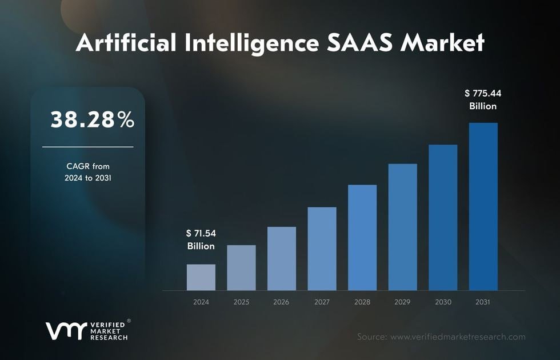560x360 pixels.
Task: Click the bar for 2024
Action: coord(201,277)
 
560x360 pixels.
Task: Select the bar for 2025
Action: coord(241,267)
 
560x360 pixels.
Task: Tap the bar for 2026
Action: coord(282,258)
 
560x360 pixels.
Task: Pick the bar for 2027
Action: coord(322,249)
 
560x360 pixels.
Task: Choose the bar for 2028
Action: coord(362,237)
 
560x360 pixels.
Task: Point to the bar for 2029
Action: coord(402,227)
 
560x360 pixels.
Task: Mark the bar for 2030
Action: coord(443,217)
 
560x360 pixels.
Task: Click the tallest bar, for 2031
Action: coord(483,206)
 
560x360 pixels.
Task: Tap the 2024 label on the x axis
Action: coord(201,302)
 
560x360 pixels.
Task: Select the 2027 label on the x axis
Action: coord(322,302)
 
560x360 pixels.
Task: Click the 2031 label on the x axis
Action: coord(483,302)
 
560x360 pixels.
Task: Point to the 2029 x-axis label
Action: coord(402,302)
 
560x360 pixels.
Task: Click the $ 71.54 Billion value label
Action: coord(201,239)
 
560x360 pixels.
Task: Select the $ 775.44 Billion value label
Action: coord(483,99)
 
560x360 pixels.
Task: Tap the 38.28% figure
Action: coord(93,120)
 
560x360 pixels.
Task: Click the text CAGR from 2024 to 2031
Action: coord(87,172)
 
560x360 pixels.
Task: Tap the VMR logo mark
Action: coord(65,331)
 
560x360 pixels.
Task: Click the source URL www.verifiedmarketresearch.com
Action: coord(457,337)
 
